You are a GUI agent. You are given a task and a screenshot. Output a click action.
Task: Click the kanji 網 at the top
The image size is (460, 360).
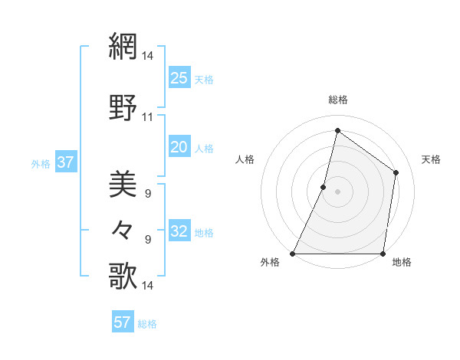point(123,47)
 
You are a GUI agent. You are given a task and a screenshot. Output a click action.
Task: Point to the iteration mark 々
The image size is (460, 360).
point(123,230)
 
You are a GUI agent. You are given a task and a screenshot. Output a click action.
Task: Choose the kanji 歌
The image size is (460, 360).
point(123,276)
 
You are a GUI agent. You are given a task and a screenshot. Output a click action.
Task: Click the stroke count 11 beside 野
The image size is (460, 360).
point(147,117)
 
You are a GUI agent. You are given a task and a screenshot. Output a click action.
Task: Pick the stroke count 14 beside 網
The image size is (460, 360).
point(147,55)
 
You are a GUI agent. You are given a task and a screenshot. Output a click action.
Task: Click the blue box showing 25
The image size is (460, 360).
point(179,77)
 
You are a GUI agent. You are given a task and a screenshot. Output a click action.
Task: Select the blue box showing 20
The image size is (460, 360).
point(179,147)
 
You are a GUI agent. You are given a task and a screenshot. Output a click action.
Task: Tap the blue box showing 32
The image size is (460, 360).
point(179,231)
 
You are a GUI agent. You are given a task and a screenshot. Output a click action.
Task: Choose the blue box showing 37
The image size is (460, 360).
point(65,162)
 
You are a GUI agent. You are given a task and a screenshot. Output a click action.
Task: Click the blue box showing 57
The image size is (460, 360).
point(122,322)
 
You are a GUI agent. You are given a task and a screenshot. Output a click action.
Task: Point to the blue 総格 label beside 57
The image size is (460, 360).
point(147,324)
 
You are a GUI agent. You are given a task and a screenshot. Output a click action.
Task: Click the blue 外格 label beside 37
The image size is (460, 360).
point(41,163)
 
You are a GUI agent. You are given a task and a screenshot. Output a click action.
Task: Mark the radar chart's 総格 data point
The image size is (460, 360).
point(337,130)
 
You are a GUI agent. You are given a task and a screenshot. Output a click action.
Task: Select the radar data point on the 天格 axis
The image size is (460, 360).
point(396,172)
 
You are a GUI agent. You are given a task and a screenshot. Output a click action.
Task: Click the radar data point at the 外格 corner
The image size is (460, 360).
point(293,254)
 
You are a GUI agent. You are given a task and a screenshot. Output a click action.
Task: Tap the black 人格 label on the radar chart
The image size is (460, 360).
point(245,159)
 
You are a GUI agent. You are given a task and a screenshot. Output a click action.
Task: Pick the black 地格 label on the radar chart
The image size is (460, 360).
point(402,263)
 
